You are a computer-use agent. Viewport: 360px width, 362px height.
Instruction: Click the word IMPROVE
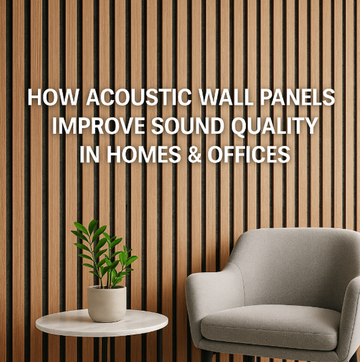pos(89,126)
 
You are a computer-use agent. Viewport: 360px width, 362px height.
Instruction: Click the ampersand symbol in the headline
pos(191,155)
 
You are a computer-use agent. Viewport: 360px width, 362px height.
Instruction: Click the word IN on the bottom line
pos(86,155)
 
